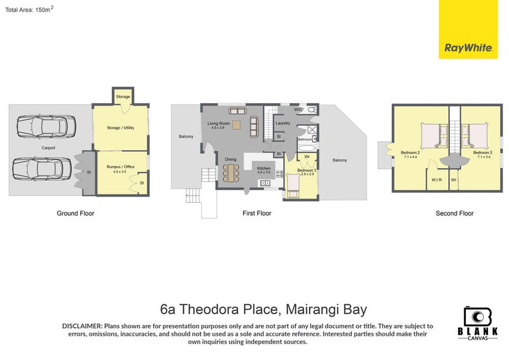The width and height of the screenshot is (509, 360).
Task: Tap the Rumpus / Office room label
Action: click(120, 168)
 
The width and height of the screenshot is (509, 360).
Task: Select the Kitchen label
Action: click(264, 169)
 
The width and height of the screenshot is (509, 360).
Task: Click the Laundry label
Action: click(283, 123)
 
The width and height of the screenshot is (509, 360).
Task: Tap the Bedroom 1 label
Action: click(307, 170)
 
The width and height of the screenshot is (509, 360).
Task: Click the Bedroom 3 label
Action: click(483, 153)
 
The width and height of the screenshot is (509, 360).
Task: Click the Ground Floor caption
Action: click(76, 214)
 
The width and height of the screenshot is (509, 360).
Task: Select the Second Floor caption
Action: click(454, 214)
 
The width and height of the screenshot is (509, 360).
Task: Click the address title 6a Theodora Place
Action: click(263, 310)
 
